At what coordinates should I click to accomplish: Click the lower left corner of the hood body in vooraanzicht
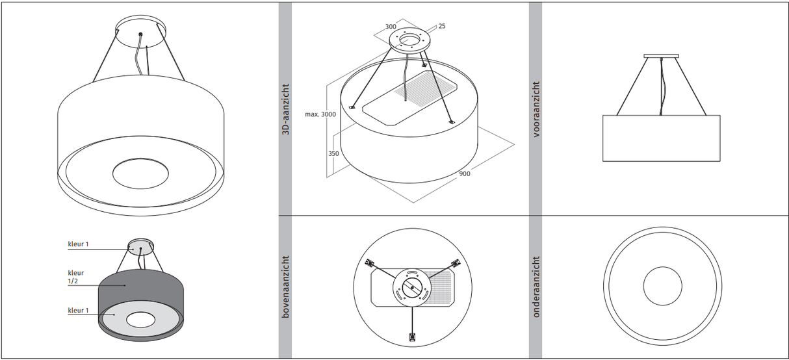(603, 161)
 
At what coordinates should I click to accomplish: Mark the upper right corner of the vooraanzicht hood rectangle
(720, 115)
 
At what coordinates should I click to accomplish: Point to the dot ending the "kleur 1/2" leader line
(125, 285)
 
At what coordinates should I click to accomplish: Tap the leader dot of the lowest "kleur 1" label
(114, 315)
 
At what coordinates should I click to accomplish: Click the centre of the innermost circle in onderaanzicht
(662, 286)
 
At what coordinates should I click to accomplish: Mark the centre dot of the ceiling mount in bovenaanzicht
(413, 288)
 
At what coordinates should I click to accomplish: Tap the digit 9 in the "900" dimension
(461, 174)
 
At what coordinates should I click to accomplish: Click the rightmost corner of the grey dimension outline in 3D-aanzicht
(515, 144)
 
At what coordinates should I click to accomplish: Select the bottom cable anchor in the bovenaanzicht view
(412, 337)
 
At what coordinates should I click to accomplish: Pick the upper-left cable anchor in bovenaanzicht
(370, 263)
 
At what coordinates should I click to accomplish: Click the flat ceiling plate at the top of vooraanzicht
(661, 56)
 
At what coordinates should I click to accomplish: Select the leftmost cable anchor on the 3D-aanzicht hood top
(352, 107)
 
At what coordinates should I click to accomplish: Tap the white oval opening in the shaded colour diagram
(140, 320)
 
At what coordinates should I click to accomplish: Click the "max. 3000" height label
(320, 114)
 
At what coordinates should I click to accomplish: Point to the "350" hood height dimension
(333, 153)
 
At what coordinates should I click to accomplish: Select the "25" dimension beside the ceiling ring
(442, 26)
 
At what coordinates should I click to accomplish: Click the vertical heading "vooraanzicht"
(536, 109)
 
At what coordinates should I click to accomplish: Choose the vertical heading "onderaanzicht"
(536, 287)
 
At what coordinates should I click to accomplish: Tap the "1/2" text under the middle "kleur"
(73, 281)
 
